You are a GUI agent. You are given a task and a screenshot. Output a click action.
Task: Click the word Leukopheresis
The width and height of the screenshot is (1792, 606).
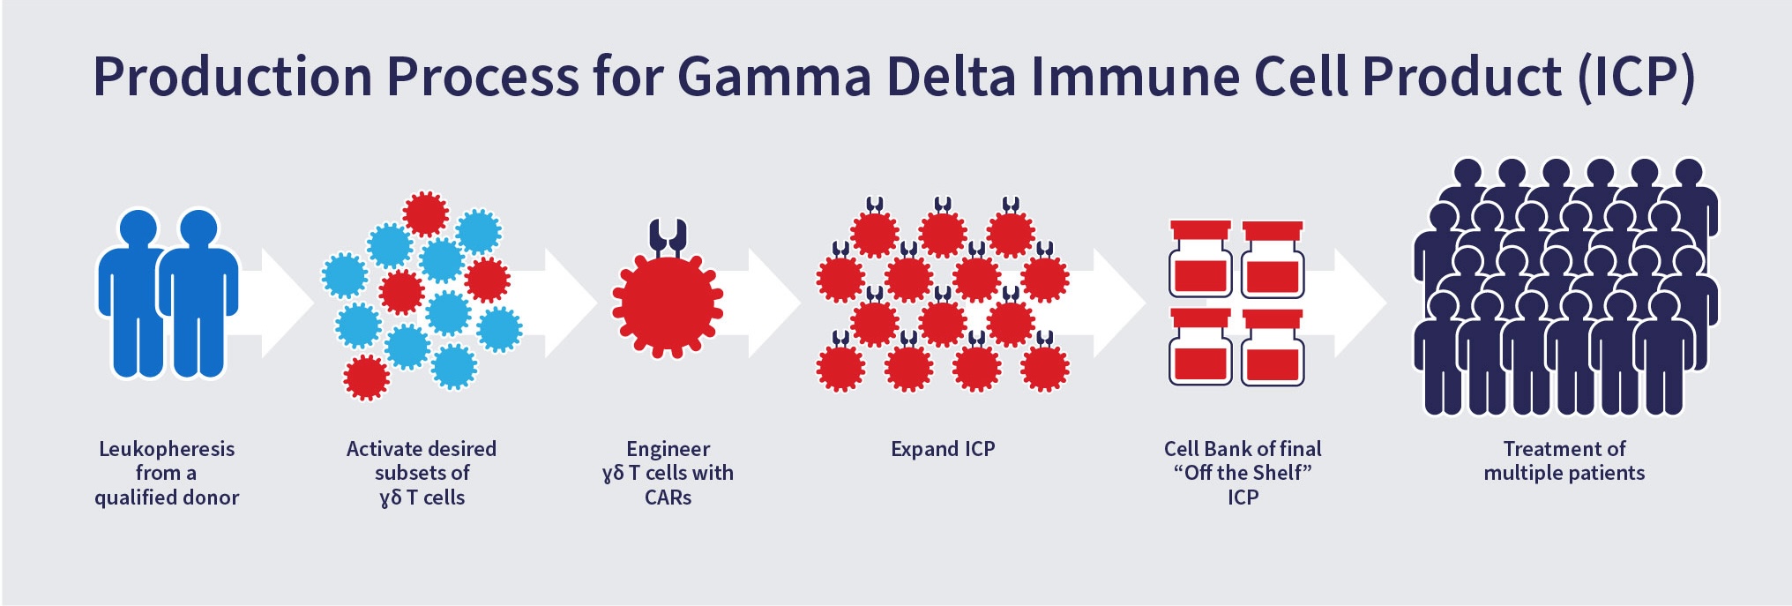tap(167, 449)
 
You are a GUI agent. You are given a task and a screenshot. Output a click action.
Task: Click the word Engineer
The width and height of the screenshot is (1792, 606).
tap(668, 449)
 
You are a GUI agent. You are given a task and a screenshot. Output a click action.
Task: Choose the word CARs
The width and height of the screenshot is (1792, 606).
tap(668, 498)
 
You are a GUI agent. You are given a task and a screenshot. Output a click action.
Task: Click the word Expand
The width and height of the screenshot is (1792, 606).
tap(924, 450)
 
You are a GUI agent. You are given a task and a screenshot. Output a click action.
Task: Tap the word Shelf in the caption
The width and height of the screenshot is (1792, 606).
tap(1275, 473)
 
